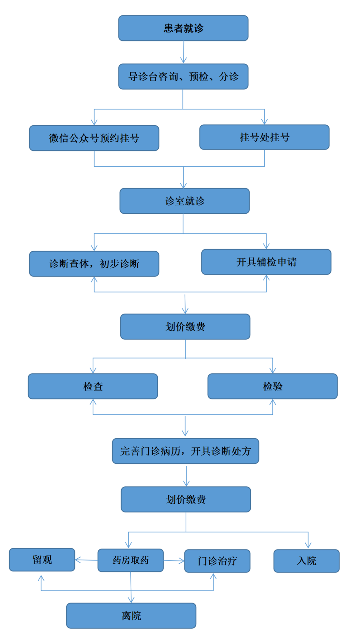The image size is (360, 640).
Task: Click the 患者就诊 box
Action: click(x=183, y=28)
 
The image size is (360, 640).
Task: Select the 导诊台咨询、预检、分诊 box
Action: click(x=183, y=76)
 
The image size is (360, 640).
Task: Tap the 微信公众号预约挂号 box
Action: click(x=94, y=138)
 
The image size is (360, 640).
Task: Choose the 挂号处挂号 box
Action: click(x=265, y=137)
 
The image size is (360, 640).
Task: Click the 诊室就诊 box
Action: click(x=185, y=201)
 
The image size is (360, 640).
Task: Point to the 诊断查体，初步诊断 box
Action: click(x=94, y=264)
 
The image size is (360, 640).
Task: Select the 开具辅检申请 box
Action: click(x=266, y=262)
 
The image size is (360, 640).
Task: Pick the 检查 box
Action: click(x=93, y=386)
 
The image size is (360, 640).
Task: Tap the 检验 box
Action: click(x=273, y=386)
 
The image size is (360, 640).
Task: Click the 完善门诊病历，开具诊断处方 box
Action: click(x=186, y=451)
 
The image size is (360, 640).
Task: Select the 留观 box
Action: click(x=42, y=560)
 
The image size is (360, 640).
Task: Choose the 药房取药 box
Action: click(x=131, y=560)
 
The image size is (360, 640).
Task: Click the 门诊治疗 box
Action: click(x=217, y=561)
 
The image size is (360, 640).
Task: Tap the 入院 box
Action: click(x=307, y=561)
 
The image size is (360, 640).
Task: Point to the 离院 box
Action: click(x=131, y=615)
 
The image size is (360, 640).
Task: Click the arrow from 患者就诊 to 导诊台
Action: click(x=184, y=52)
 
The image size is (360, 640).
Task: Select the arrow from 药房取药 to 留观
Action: click(x=86, y=560)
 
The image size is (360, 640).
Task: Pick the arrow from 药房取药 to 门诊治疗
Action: click(x=174, y=561)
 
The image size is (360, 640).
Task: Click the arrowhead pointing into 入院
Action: click(x=308, y=545)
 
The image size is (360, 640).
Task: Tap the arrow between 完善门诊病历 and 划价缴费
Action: click(x=186, y=476)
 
